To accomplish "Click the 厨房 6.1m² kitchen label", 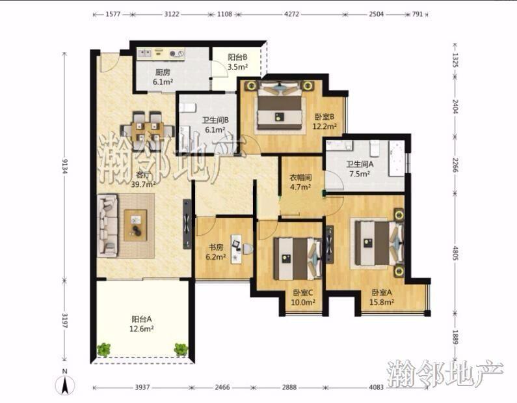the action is click(x=163, y=77).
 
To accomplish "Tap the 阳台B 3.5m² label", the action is click(x=237, y=62).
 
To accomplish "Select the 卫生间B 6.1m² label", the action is click(x=215, y=125).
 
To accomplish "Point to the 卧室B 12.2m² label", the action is click(x=325, y=121).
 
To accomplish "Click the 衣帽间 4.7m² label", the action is click(x=300, y=182).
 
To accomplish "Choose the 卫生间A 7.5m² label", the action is click(x=360, y=169).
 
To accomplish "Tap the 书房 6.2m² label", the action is click(x=216, y=252).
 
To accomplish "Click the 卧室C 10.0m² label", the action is click(x=303, y=298).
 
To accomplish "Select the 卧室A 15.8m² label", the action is click(x=382, y=297).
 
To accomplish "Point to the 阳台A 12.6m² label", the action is click(x=142, y=324).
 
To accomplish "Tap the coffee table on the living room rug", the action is click(x=135, y=225).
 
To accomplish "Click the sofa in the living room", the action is click(x=107, y=225).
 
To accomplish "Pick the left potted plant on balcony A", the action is click(x=104, y=349).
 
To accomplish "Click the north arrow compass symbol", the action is click(x=66, y=383).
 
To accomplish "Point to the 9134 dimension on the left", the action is click(x=64, y=165).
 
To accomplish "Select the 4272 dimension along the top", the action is click(x=291, y=14).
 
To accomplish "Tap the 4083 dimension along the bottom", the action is click(x=376, y=387).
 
